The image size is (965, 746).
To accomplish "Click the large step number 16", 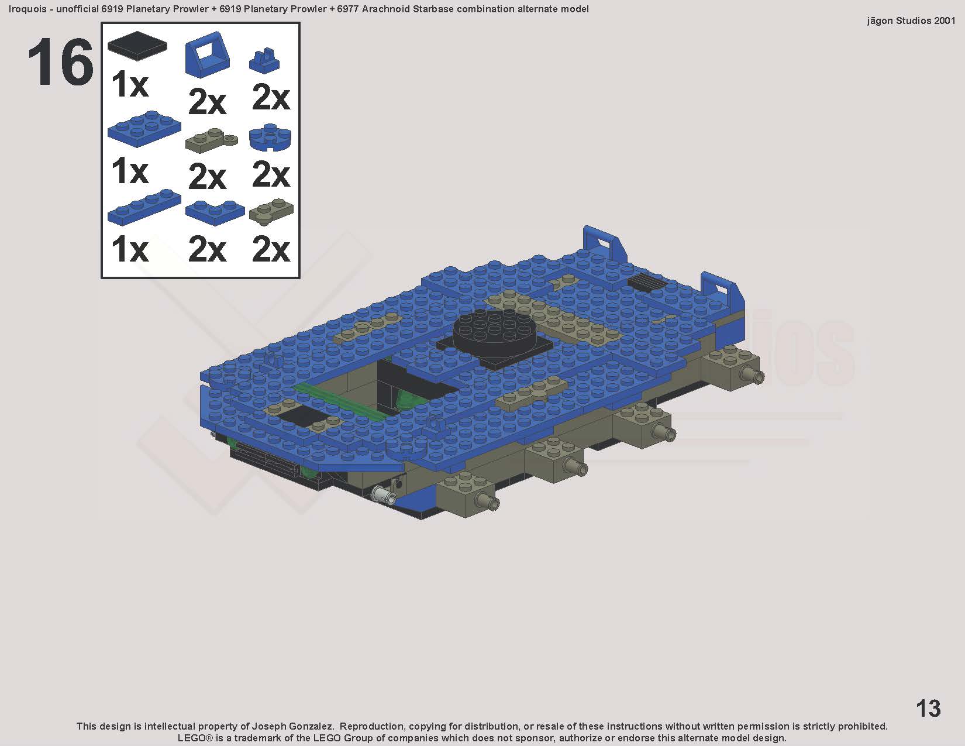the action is pyautogui.click(x=61, y=61).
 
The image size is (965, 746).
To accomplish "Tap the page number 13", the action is pyautogui.click(x=928, y=709).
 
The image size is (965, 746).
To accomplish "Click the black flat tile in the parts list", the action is pyautogui.click(x=137, y=43).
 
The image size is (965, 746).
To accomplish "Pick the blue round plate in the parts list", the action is pyautogui.click(x=270, y=137).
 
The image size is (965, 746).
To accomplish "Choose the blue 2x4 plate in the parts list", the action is pyautogui.click(x=144, y=128).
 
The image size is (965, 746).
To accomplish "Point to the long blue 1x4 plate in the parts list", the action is pyautogui.click(x=144, y=207).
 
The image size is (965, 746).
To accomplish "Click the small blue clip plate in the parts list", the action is pyautogui.click(x=265, y=60).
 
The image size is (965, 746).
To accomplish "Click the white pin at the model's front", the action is pyautogui.click(x=385, y=494).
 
